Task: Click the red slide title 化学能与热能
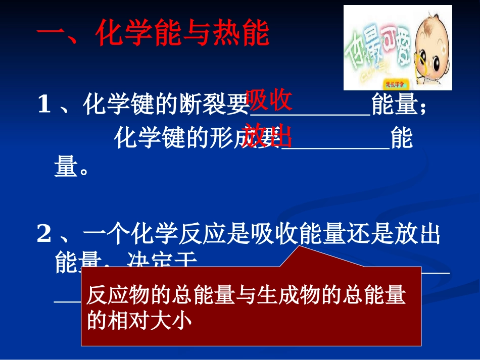153,35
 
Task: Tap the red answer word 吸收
269,99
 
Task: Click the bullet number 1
44,106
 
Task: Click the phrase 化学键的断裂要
167,106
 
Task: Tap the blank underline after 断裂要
310,114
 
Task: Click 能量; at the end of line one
399,106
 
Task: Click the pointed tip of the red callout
301,248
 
